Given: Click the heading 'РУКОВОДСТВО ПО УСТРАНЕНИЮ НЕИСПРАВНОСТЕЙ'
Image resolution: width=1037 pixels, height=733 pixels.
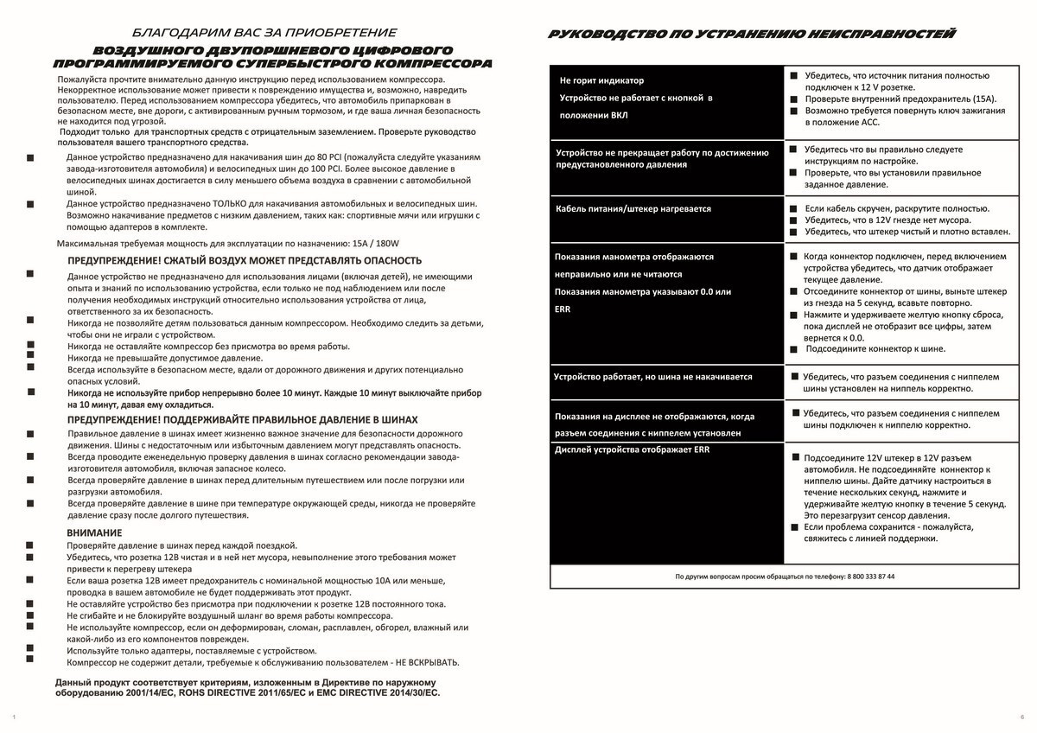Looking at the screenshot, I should coord(752,35).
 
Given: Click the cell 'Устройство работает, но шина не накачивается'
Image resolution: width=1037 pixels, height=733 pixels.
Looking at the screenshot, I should coord(653,377).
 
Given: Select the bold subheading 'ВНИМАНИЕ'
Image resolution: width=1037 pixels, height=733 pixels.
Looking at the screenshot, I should coord(95,532).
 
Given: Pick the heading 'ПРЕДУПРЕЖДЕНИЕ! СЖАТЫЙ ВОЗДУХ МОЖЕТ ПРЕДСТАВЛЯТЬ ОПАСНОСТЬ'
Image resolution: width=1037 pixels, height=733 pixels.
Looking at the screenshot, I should coord(245,260).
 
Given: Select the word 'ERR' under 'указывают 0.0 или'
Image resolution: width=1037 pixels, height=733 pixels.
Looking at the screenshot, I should coord(563,309).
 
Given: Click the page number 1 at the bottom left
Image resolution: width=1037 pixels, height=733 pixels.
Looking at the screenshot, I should coord(15,717).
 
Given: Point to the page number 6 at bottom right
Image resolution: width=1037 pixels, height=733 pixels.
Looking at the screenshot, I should coord(1021,717).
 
